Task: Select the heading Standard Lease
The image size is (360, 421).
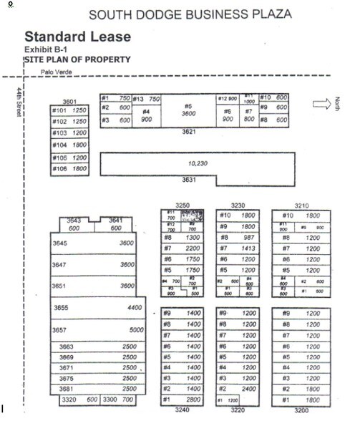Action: click(x=77, y=37)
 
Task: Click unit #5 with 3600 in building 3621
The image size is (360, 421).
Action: click(x=189, y=110)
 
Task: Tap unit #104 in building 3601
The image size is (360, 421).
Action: click(x=69, y=145)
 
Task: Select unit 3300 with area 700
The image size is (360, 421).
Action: click(x=119, y=399)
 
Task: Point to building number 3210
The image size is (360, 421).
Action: click(x=301, y=204)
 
